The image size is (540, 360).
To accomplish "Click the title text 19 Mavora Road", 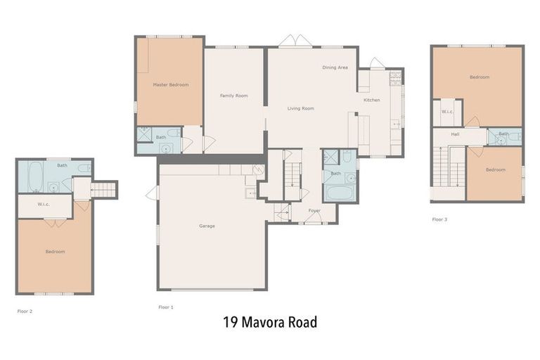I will (x=270, y=323).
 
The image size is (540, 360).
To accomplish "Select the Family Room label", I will (x=233, y=96).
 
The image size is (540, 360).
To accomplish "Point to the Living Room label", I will (x=300, y=108).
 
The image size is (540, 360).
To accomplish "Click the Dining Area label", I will (x=335, y=67).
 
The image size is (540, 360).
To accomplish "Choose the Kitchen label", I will (x=371, y=100).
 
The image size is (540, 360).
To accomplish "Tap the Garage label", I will (x=207, y=226).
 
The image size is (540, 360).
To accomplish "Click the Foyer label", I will (x=314, y=210).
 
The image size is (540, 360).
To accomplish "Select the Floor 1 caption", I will (x=166, y=307).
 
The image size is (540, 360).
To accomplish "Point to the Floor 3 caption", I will (x=439, y=219).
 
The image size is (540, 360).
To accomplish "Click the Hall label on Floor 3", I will (x=455, y=134).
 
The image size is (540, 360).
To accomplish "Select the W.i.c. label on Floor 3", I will (x=446, y=112).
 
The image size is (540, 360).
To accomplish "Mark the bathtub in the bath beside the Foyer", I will (x=339, y=192).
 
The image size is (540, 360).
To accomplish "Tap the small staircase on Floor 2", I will (x=103, y=189).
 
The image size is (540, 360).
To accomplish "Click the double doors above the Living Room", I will (x=295, y=41).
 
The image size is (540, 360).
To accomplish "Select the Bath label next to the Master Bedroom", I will (x=161, y=137).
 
